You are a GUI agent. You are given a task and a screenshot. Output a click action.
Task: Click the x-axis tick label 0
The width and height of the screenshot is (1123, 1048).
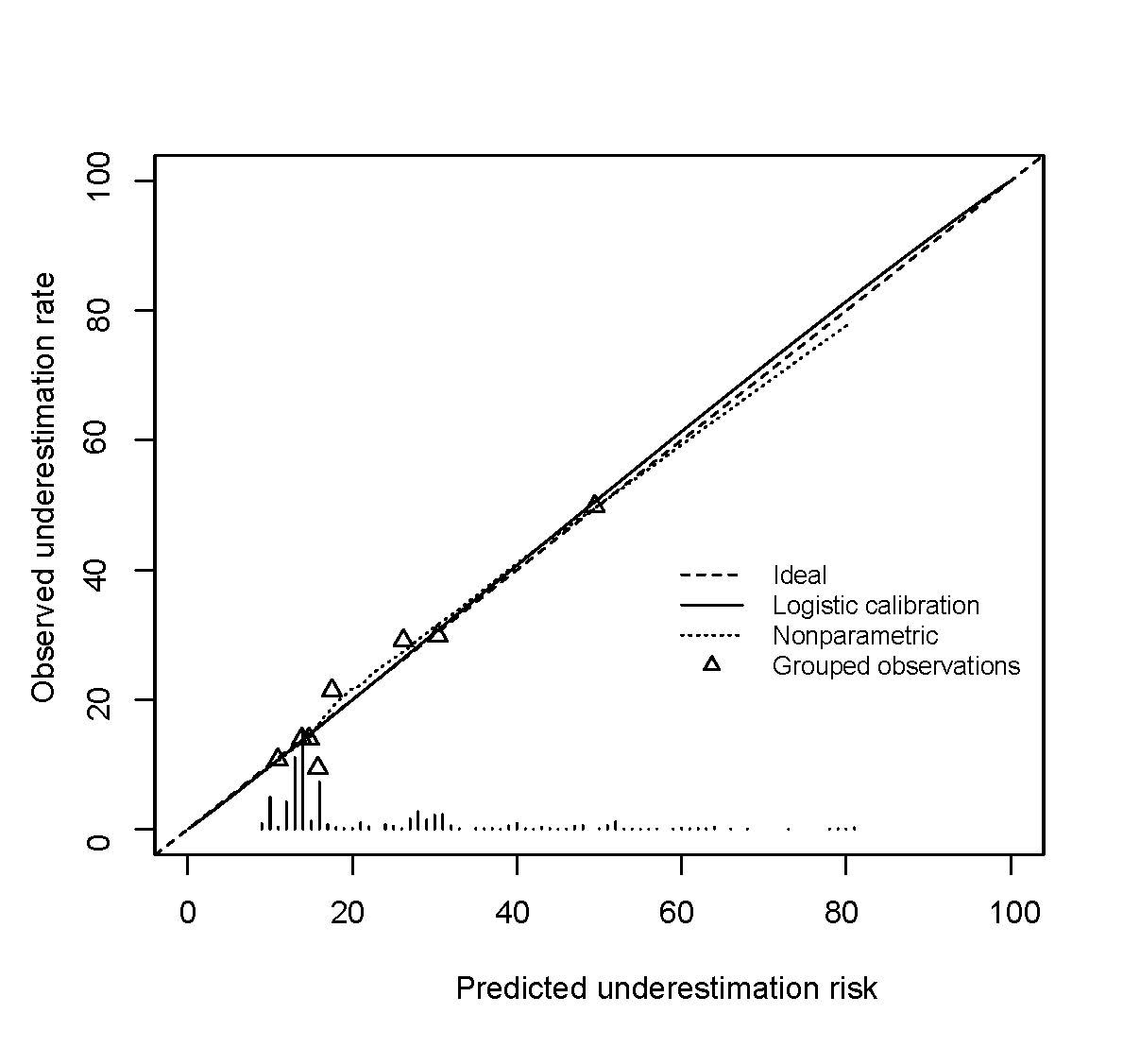187,913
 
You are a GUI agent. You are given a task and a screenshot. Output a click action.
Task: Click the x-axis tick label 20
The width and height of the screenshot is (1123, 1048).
351,913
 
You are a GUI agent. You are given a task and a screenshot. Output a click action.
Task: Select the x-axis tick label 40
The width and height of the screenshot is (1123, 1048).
516,913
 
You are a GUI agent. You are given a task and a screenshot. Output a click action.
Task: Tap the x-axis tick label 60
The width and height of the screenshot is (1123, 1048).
680,913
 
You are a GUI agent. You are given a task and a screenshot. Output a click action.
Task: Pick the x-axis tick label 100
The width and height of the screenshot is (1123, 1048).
1011,913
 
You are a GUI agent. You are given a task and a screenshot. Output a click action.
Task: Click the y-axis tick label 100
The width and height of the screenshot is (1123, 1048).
97,180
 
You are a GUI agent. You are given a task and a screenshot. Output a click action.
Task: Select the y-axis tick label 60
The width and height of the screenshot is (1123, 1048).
97,440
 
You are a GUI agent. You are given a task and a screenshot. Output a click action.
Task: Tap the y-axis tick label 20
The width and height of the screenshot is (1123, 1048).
97,699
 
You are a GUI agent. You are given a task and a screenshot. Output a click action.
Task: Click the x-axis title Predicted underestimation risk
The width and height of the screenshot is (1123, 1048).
666,988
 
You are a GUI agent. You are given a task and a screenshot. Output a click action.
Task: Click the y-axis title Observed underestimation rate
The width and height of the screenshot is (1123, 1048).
43,488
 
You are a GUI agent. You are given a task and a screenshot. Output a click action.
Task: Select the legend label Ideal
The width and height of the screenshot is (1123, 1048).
799,576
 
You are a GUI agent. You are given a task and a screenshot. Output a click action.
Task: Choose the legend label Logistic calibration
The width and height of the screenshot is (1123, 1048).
876,606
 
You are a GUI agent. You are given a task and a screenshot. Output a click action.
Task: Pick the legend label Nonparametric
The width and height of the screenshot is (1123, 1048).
855,636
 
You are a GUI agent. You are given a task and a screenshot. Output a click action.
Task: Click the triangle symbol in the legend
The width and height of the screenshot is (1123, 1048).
711,664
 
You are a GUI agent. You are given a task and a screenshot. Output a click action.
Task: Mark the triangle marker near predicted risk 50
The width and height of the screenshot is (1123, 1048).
595,504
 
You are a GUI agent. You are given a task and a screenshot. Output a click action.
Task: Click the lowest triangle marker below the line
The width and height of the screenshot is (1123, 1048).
318,765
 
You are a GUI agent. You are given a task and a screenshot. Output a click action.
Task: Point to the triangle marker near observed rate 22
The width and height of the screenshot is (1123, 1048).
332,689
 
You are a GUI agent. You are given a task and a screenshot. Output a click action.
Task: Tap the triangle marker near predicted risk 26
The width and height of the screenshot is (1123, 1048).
403,639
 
